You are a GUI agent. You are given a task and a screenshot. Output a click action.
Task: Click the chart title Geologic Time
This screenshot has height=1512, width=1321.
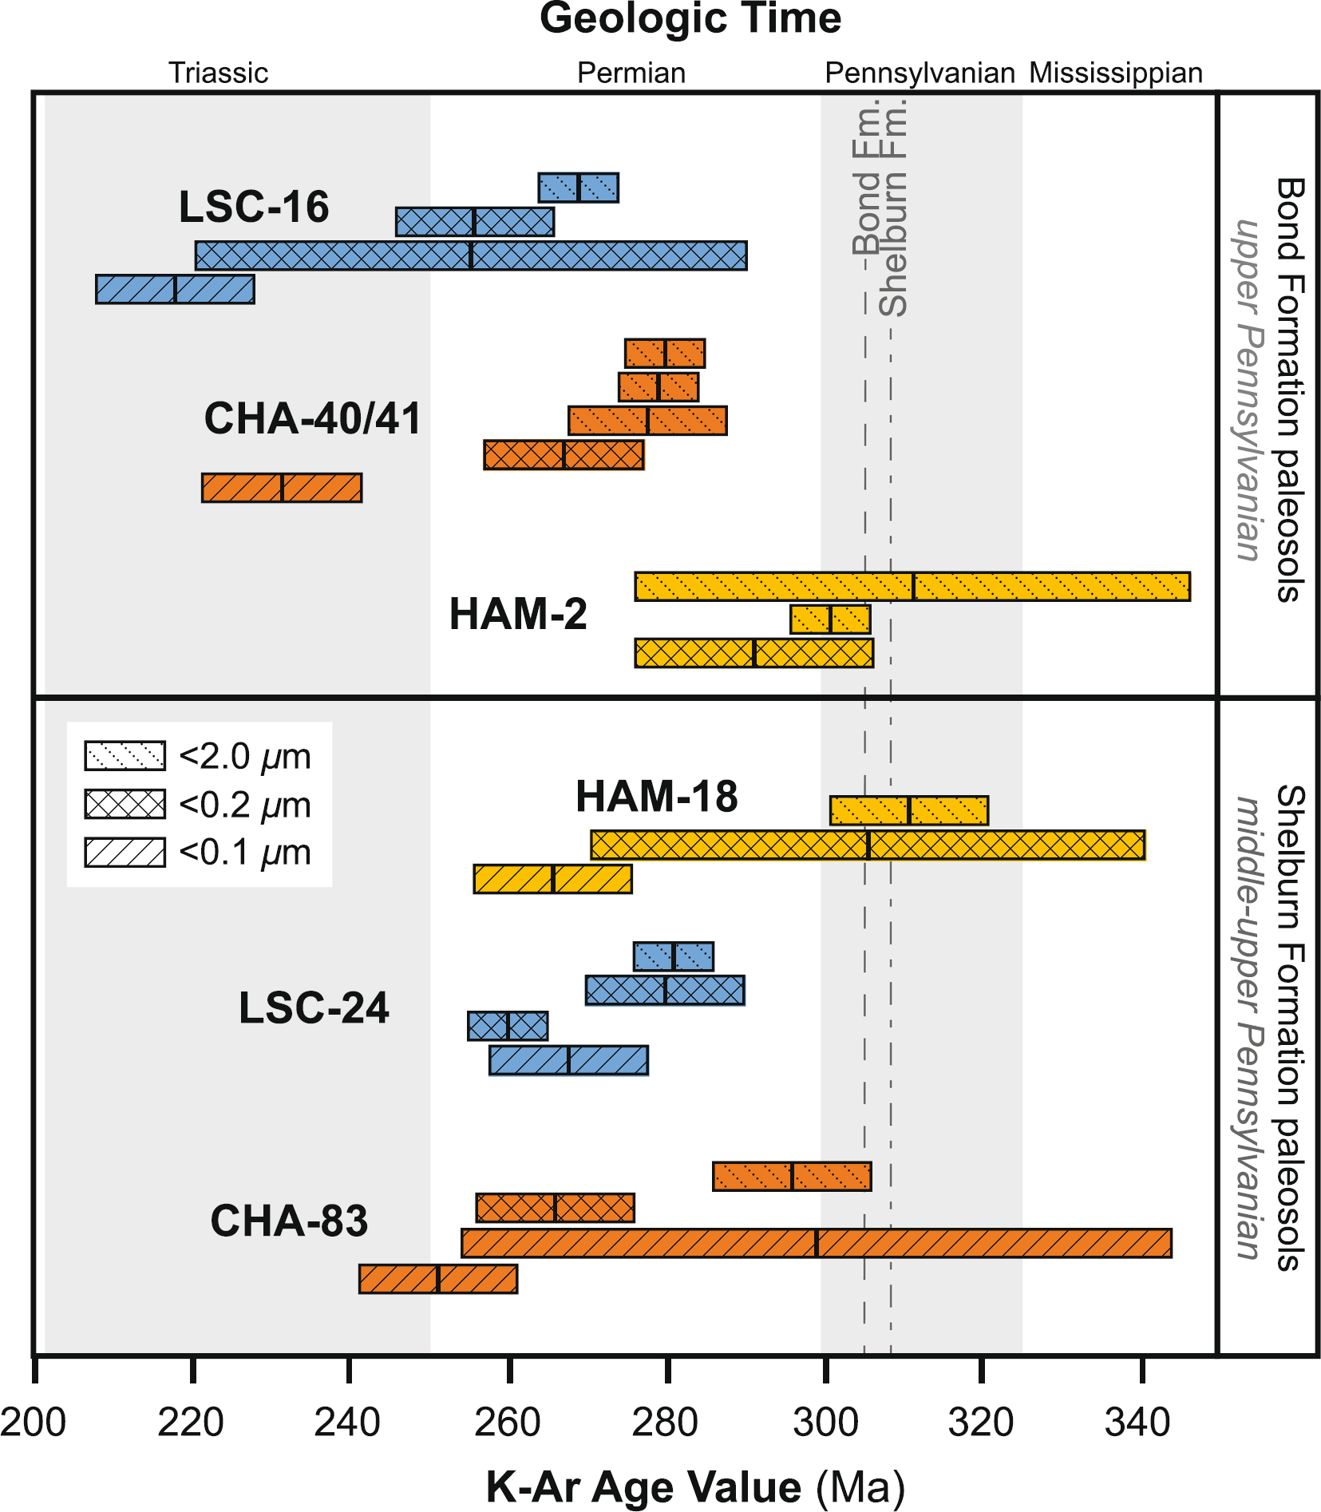point(690,19)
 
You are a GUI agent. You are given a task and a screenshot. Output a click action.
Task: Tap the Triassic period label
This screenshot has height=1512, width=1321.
point(218,73)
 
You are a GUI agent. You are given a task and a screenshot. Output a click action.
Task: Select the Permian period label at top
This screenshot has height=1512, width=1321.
point(631,73)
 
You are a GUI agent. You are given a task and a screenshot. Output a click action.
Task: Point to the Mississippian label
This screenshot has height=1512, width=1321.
point(1115,73)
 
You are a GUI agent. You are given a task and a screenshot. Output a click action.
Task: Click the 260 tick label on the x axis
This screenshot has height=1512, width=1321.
point(508,1422)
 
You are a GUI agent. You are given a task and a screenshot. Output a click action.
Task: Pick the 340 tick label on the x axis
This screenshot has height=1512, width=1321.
point(1137,1422)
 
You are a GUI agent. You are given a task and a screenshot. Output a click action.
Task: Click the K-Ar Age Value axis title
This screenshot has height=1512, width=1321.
point(694,1487)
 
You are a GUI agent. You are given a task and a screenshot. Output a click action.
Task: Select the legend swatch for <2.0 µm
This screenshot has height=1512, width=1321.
point(125,755)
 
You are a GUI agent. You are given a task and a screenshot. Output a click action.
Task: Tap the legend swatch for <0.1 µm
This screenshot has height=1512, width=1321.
point(125,852)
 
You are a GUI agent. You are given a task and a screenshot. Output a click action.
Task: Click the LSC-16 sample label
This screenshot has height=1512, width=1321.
point(253,207)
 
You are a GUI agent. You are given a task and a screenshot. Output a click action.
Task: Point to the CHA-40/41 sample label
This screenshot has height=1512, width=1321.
point(312,418)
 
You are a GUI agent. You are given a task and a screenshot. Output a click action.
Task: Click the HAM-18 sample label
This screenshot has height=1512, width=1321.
point(657,797)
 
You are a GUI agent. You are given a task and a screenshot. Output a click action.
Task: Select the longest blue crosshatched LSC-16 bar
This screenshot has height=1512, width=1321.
point(471,255)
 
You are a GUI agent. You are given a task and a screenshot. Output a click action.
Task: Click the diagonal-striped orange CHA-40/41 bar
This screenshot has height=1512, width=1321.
point(282,488)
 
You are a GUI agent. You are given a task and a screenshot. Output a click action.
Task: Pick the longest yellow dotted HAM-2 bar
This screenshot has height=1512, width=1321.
point(912,586)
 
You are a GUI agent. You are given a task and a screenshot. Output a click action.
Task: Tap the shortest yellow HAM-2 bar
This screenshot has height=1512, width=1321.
point(830,619)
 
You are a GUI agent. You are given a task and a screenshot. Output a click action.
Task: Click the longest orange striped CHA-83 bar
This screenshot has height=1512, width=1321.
point(816,1243)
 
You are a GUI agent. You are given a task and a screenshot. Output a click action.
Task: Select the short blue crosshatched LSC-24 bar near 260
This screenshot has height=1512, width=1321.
point(508,1026)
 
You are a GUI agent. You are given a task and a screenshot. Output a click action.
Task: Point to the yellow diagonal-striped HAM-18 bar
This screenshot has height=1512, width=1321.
point(552,879)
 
